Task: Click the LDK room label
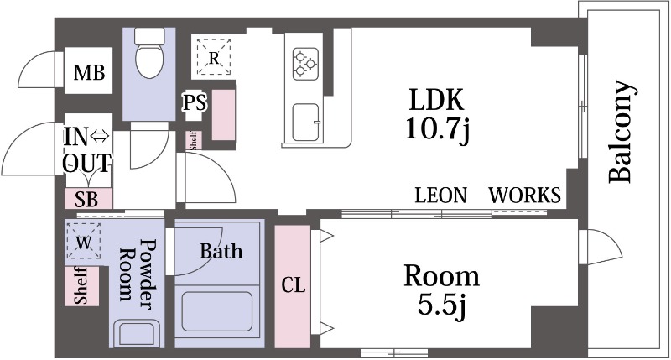[435, 101]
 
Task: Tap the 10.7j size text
[435, 133]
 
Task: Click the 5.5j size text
[441, 306]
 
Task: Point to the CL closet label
[293, 285]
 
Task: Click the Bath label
[221, 250]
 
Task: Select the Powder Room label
[138, 270]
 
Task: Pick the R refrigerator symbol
[214, 57]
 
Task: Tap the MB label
[89, 74]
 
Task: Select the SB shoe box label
[86, 199]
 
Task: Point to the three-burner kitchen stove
[304, 61]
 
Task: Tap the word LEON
[440, 196]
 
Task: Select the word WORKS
[525, 196]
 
